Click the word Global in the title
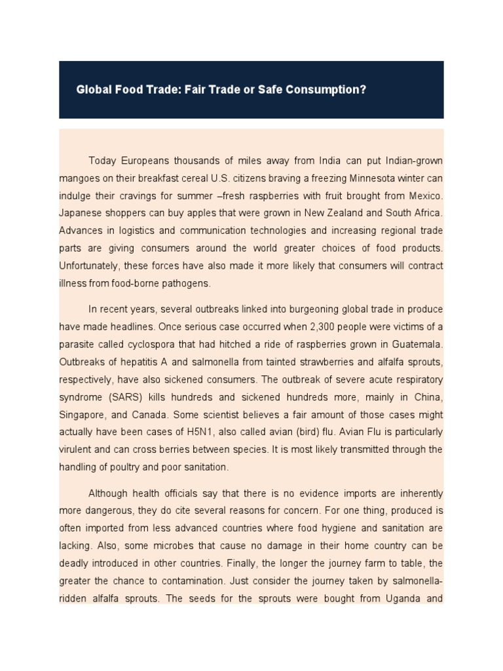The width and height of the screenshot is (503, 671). [93, 89]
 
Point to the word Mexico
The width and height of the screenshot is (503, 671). [426, 195]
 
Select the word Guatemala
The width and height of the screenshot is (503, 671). [418, 344]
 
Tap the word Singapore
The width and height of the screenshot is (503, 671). [83, 415]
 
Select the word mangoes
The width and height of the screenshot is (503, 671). [81, 178]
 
